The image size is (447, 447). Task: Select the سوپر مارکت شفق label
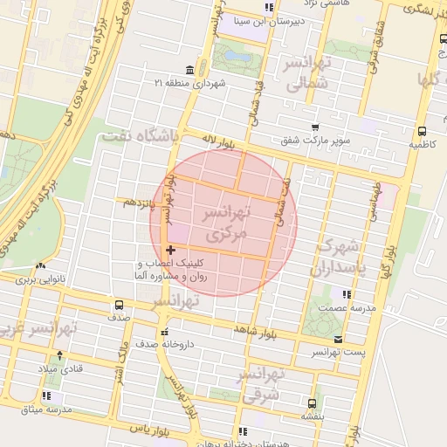point(315,140)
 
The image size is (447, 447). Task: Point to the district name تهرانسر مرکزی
point(228,223)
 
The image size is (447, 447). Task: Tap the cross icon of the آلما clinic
point(170,251)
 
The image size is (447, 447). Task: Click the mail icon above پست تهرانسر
point(338,339)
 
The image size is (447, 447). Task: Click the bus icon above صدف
point(119,306)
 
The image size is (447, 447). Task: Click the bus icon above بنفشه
point(312,403)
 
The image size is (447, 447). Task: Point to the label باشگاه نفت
point(141,136)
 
